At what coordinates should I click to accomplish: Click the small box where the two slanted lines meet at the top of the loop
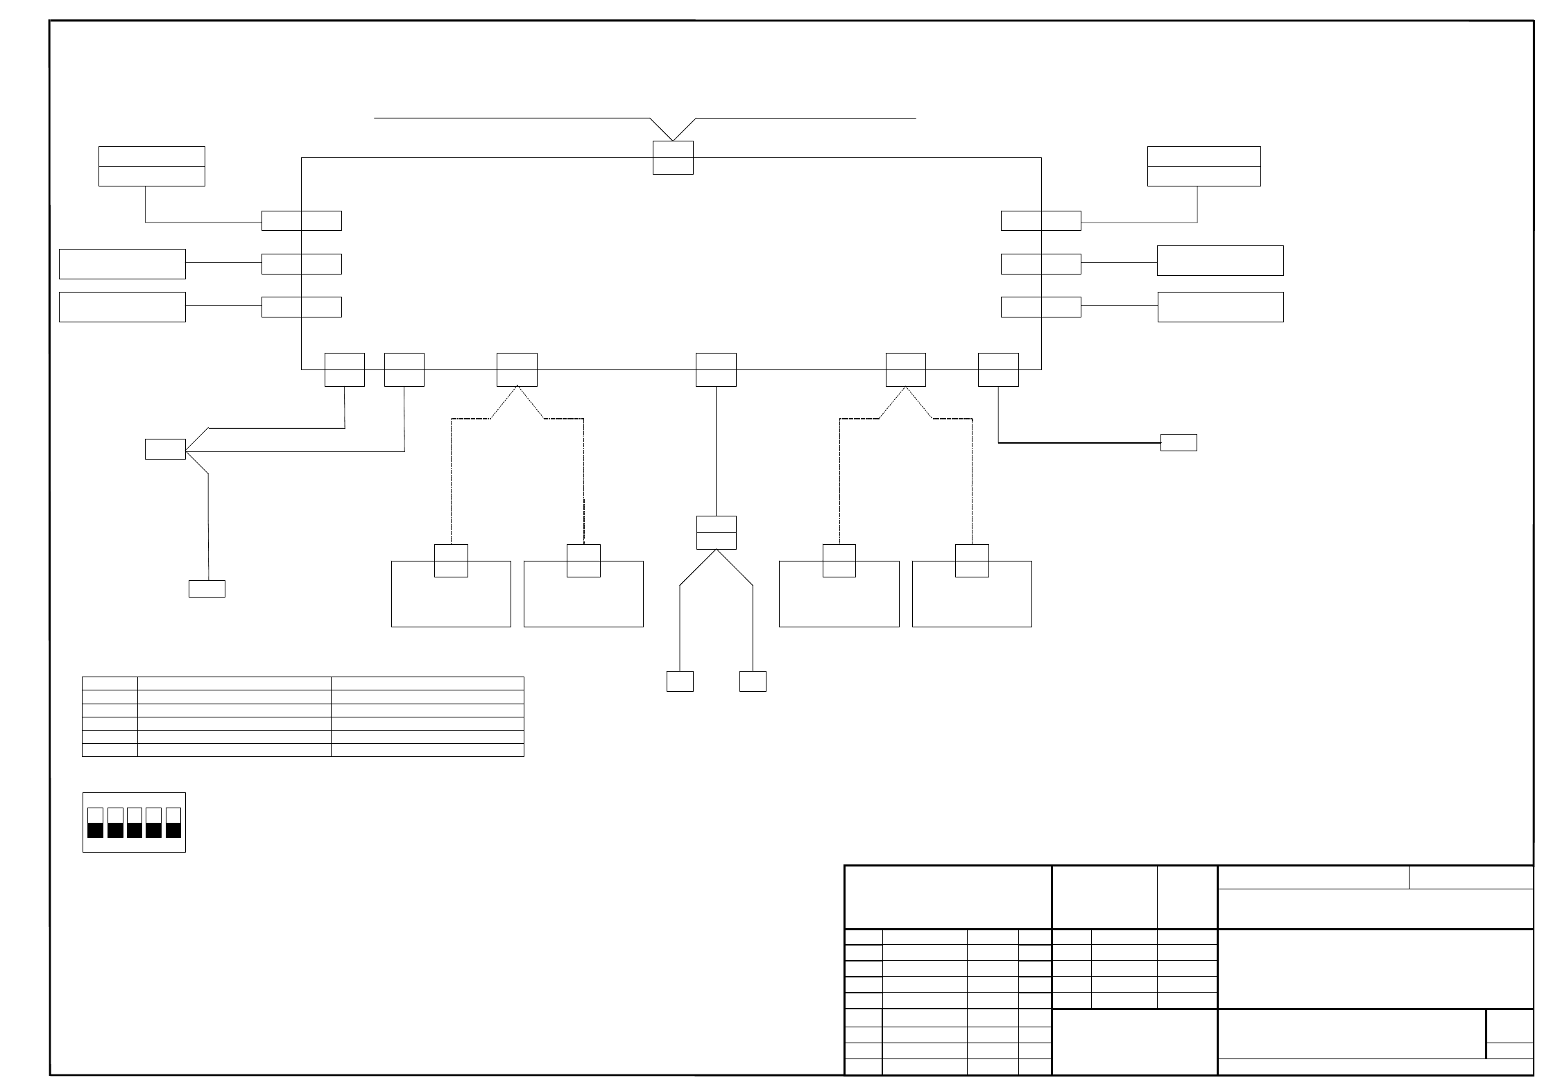click(673, 157)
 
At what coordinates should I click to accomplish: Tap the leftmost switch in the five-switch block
click(96, 822)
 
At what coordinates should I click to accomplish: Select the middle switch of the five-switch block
click(135, 822)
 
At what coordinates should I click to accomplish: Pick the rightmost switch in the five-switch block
click(173, 822)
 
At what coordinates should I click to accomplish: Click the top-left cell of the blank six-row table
click(110, 683)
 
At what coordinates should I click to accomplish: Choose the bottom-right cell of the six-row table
click(427, 750)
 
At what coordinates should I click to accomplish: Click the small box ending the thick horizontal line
click(1179, 442)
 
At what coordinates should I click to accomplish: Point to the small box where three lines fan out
click(165, 449)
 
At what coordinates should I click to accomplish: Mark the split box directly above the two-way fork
click(716, 532)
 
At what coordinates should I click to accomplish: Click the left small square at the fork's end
click(680, 681)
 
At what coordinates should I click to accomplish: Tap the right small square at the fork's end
click(753, 681)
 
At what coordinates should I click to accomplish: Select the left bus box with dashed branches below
click(517, 369)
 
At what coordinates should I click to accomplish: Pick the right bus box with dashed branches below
click(905, 369)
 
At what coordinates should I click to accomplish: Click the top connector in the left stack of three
click(302, 220)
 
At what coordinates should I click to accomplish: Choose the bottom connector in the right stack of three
click(1040, 307)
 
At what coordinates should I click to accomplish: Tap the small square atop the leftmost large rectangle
click(451, 561)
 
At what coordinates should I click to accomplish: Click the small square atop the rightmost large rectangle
click(972, 561)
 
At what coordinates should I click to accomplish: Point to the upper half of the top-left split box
click(151, 157)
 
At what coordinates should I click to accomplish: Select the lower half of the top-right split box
click(1203, 176)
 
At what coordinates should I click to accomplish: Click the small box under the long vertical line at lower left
click(207, 589)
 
